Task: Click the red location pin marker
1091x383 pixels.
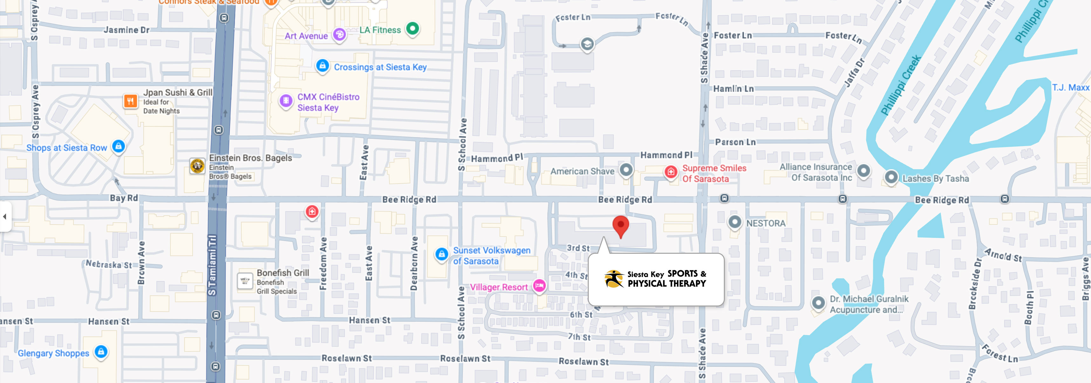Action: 621,225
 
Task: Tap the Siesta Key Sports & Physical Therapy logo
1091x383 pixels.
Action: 655,279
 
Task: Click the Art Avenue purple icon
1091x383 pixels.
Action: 339,35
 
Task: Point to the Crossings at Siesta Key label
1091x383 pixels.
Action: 380,67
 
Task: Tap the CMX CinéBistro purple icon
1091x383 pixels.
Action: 286,101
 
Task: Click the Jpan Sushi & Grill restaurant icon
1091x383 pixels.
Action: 130,101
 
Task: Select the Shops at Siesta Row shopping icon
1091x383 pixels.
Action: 119,146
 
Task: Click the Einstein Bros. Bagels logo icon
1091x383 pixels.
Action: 197,166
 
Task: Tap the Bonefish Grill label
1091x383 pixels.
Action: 283,273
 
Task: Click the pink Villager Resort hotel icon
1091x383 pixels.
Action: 539,286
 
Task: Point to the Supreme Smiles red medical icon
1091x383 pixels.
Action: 670,172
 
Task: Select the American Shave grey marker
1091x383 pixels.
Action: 626,170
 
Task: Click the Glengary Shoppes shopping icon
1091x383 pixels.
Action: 101,351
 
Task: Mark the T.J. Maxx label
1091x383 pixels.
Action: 1070,87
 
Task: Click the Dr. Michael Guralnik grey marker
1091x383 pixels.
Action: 818,303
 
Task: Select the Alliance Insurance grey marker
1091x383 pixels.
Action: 863,171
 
